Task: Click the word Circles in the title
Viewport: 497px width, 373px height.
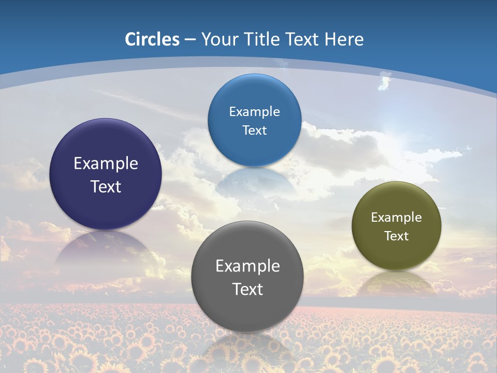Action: click(152, 39)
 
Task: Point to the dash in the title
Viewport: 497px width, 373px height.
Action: click(190, 40)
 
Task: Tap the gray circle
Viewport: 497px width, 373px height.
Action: click(247, 306)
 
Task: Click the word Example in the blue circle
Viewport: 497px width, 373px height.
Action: click(254, 112)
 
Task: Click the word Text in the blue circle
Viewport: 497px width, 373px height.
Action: click(254, 130)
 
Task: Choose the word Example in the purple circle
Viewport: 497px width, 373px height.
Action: click(106, 164)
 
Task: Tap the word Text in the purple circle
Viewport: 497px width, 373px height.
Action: click(106, 187)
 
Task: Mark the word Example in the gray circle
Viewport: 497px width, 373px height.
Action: click(247, 266)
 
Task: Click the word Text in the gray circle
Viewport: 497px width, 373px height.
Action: click(247, 289)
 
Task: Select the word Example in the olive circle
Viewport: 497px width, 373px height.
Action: click(397, 218)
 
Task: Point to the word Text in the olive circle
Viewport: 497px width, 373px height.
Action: click(397, 236)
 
